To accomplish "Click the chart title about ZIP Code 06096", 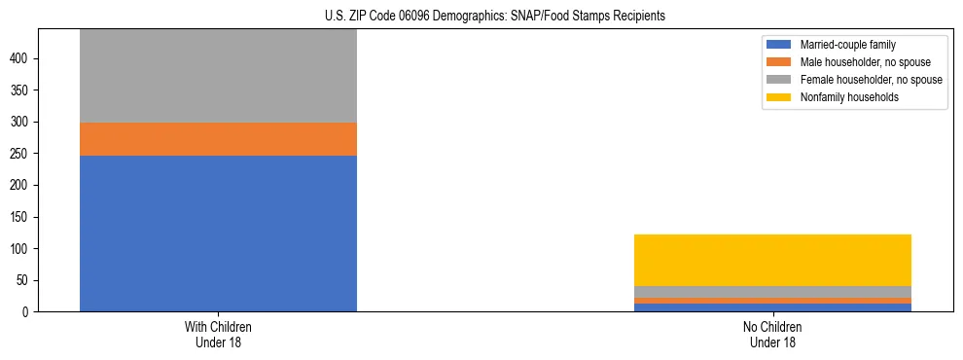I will tap(495, 16).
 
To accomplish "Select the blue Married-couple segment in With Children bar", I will tap(218, 234).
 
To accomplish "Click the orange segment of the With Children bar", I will tap(218, 139).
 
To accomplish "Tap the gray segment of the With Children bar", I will tap(218, 76).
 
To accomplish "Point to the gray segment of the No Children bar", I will tap(772, 292).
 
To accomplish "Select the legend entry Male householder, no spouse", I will tap(865, 62).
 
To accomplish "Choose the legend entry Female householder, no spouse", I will tap(871, 80).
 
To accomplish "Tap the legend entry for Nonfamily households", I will tap(849, 97).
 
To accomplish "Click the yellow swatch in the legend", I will tap(780, 97).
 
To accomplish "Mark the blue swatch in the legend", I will tap(780, 45).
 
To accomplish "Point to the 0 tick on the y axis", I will tap(28, 312).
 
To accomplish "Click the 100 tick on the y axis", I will tap(22, 249).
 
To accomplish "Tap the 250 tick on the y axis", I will tap(22, 154).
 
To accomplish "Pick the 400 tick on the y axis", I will tap(22, 59).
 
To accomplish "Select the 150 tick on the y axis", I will tap(22, 217).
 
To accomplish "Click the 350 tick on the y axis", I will tap(22, 90).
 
